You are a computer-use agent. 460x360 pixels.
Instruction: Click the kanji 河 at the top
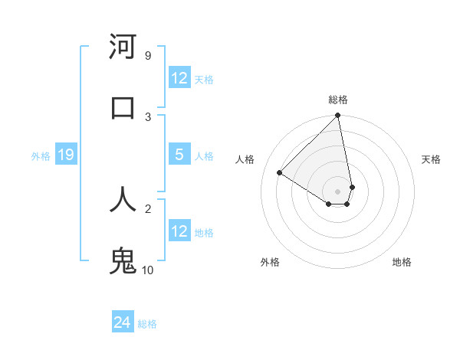tap(123, 47)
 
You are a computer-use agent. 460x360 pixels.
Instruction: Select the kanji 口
tap(123, 107)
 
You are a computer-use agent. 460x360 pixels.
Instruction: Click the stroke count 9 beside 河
tap(147, 56)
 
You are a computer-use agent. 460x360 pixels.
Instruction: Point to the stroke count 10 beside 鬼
tap(148, 270)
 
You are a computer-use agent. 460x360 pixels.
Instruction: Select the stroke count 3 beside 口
tap(147, 116)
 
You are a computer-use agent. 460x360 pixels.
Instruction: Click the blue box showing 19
tap(65, 155)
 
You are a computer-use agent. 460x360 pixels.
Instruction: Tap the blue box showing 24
tap(122, 322)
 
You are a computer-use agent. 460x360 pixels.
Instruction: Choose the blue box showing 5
tap(179, 155)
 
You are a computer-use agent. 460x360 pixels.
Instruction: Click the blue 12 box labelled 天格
tap(179, 78)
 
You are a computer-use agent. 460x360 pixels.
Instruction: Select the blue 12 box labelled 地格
tap(179, 231)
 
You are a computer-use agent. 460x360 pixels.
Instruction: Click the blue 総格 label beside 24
tap(147, 324)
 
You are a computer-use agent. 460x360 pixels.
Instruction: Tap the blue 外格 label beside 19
tap(41, 156)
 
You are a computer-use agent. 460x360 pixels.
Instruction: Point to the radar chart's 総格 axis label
tap(338, 100)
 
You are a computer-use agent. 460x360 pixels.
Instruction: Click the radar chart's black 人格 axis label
tap(245, 159)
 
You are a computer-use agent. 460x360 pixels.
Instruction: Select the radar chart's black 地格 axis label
tap(402, 262)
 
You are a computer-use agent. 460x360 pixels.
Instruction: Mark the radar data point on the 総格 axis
tap(338, 116)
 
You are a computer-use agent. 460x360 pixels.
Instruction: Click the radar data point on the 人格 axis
tap(280, 172)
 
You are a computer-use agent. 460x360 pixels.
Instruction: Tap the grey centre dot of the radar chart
tap(337, 191)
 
